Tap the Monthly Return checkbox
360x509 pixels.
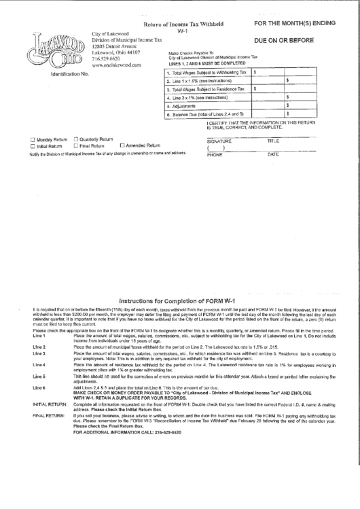33,139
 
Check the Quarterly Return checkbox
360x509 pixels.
75,138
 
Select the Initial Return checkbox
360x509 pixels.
33,145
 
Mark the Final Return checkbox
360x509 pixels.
75,145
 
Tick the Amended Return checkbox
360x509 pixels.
122,145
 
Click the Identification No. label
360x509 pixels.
70,73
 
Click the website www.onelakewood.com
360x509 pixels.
116,65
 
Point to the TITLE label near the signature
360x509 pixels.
274,141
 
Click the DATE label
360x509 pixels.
274,154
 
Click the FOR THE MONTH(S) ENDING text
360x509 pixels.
295,23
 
